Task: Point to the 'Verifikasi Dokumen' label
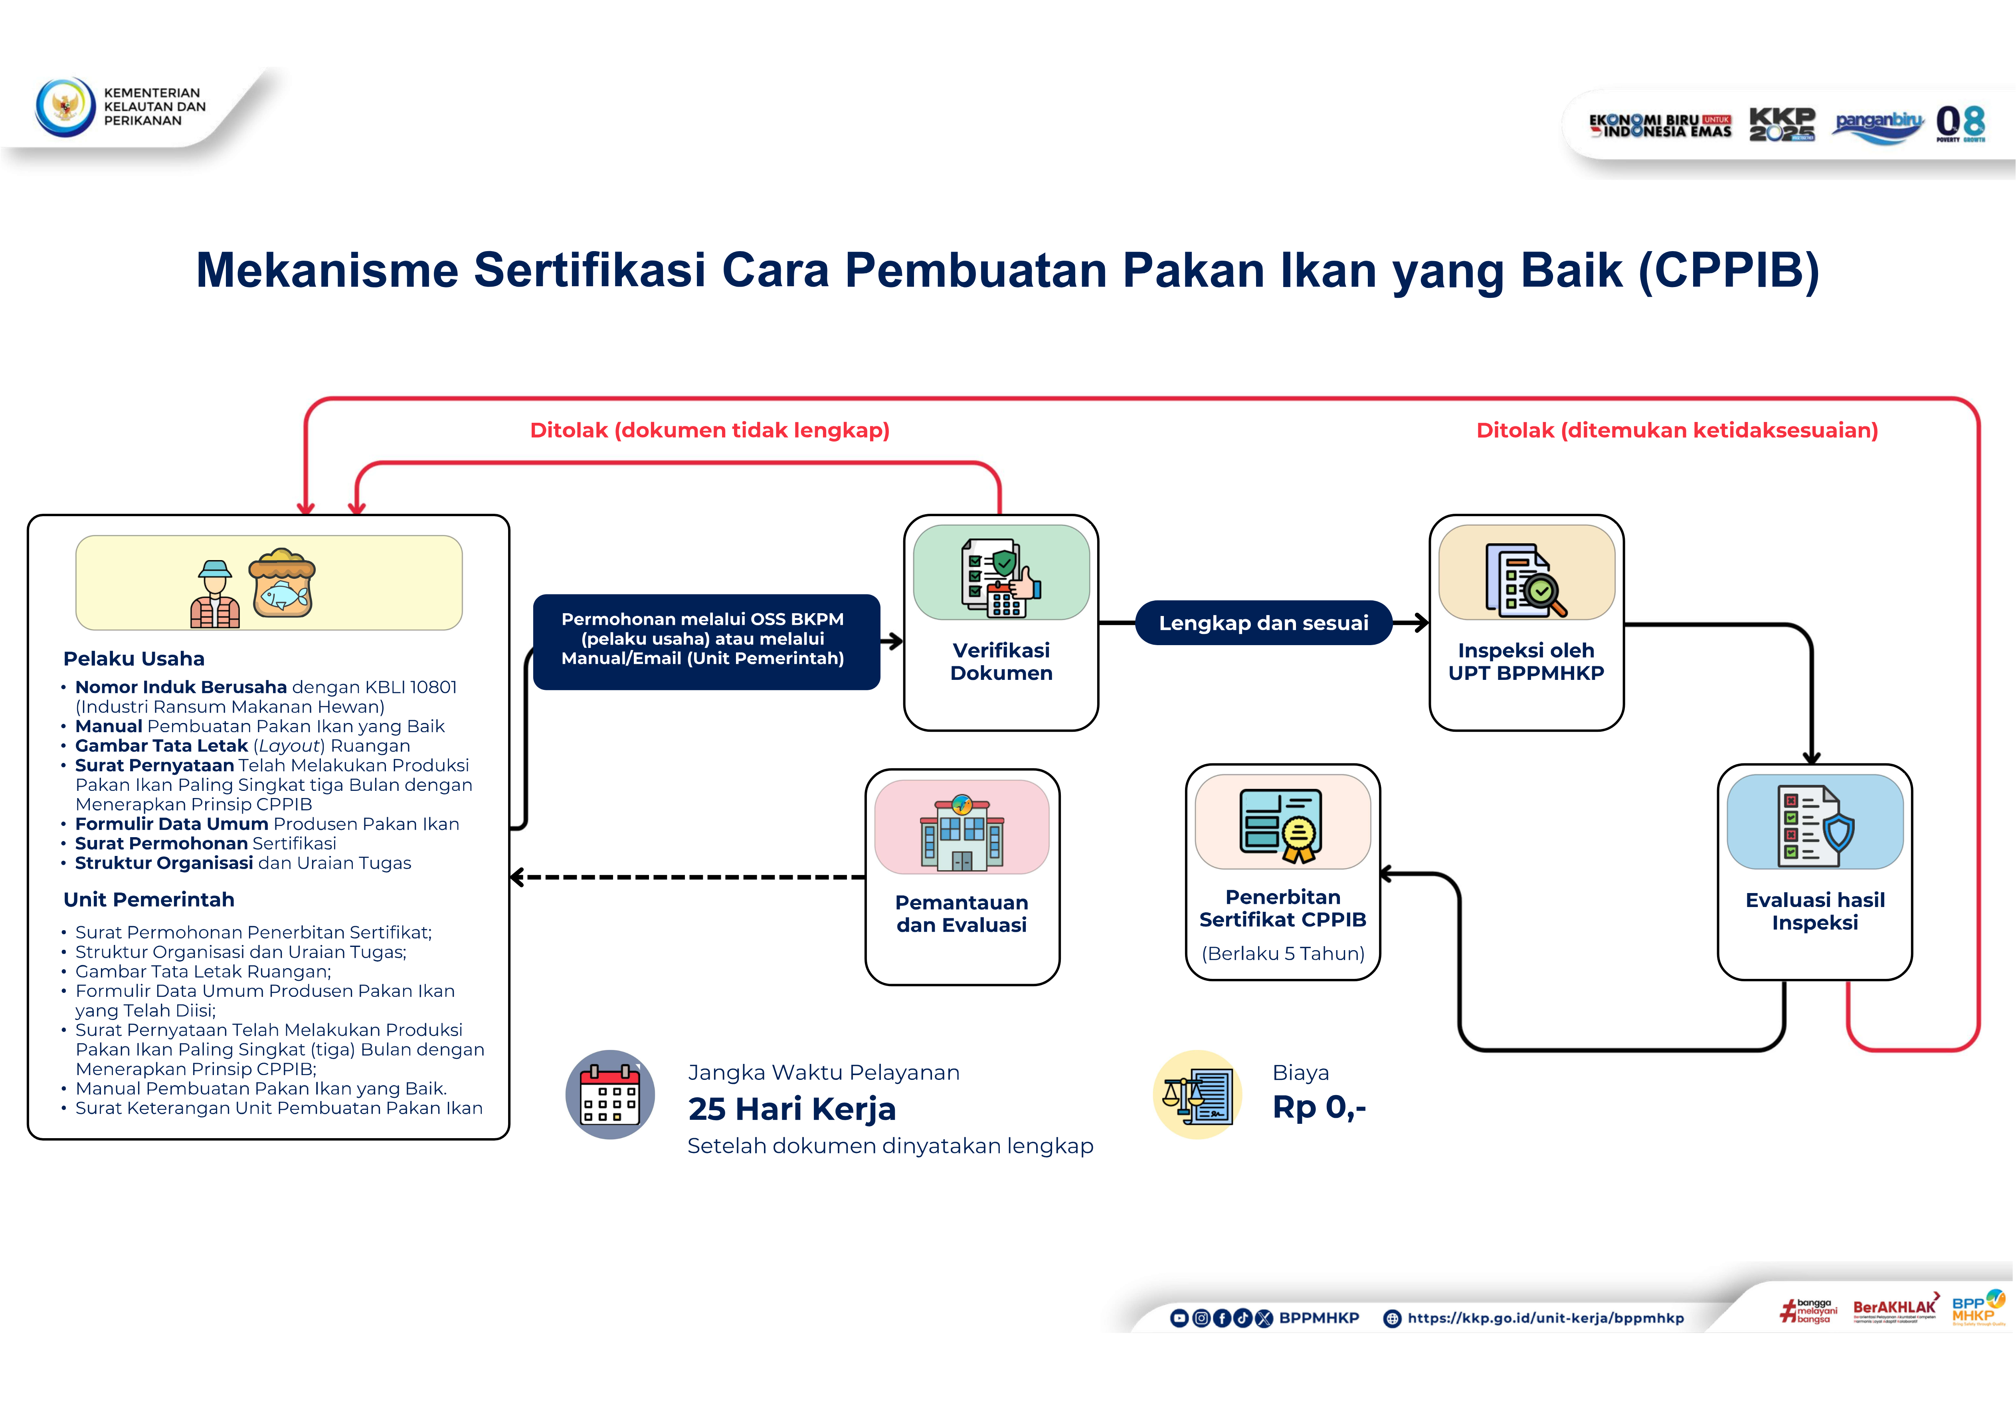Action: point(1001,661)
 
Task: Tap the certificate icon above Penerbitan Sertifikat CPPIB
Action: point(1282,824)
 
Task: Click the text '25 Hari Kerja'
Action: point(791,1109)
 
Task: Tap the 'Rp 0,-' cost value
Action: point(1319,1107)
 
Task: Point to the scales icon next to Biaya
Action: point(1197,1095)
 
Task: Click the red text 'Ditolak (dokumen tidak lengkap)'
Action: point(710,430)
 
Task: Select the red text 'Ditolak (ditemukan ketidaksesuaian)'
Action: point(1676,430)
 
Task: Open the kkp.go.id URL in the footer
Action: point(1545,1318)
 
